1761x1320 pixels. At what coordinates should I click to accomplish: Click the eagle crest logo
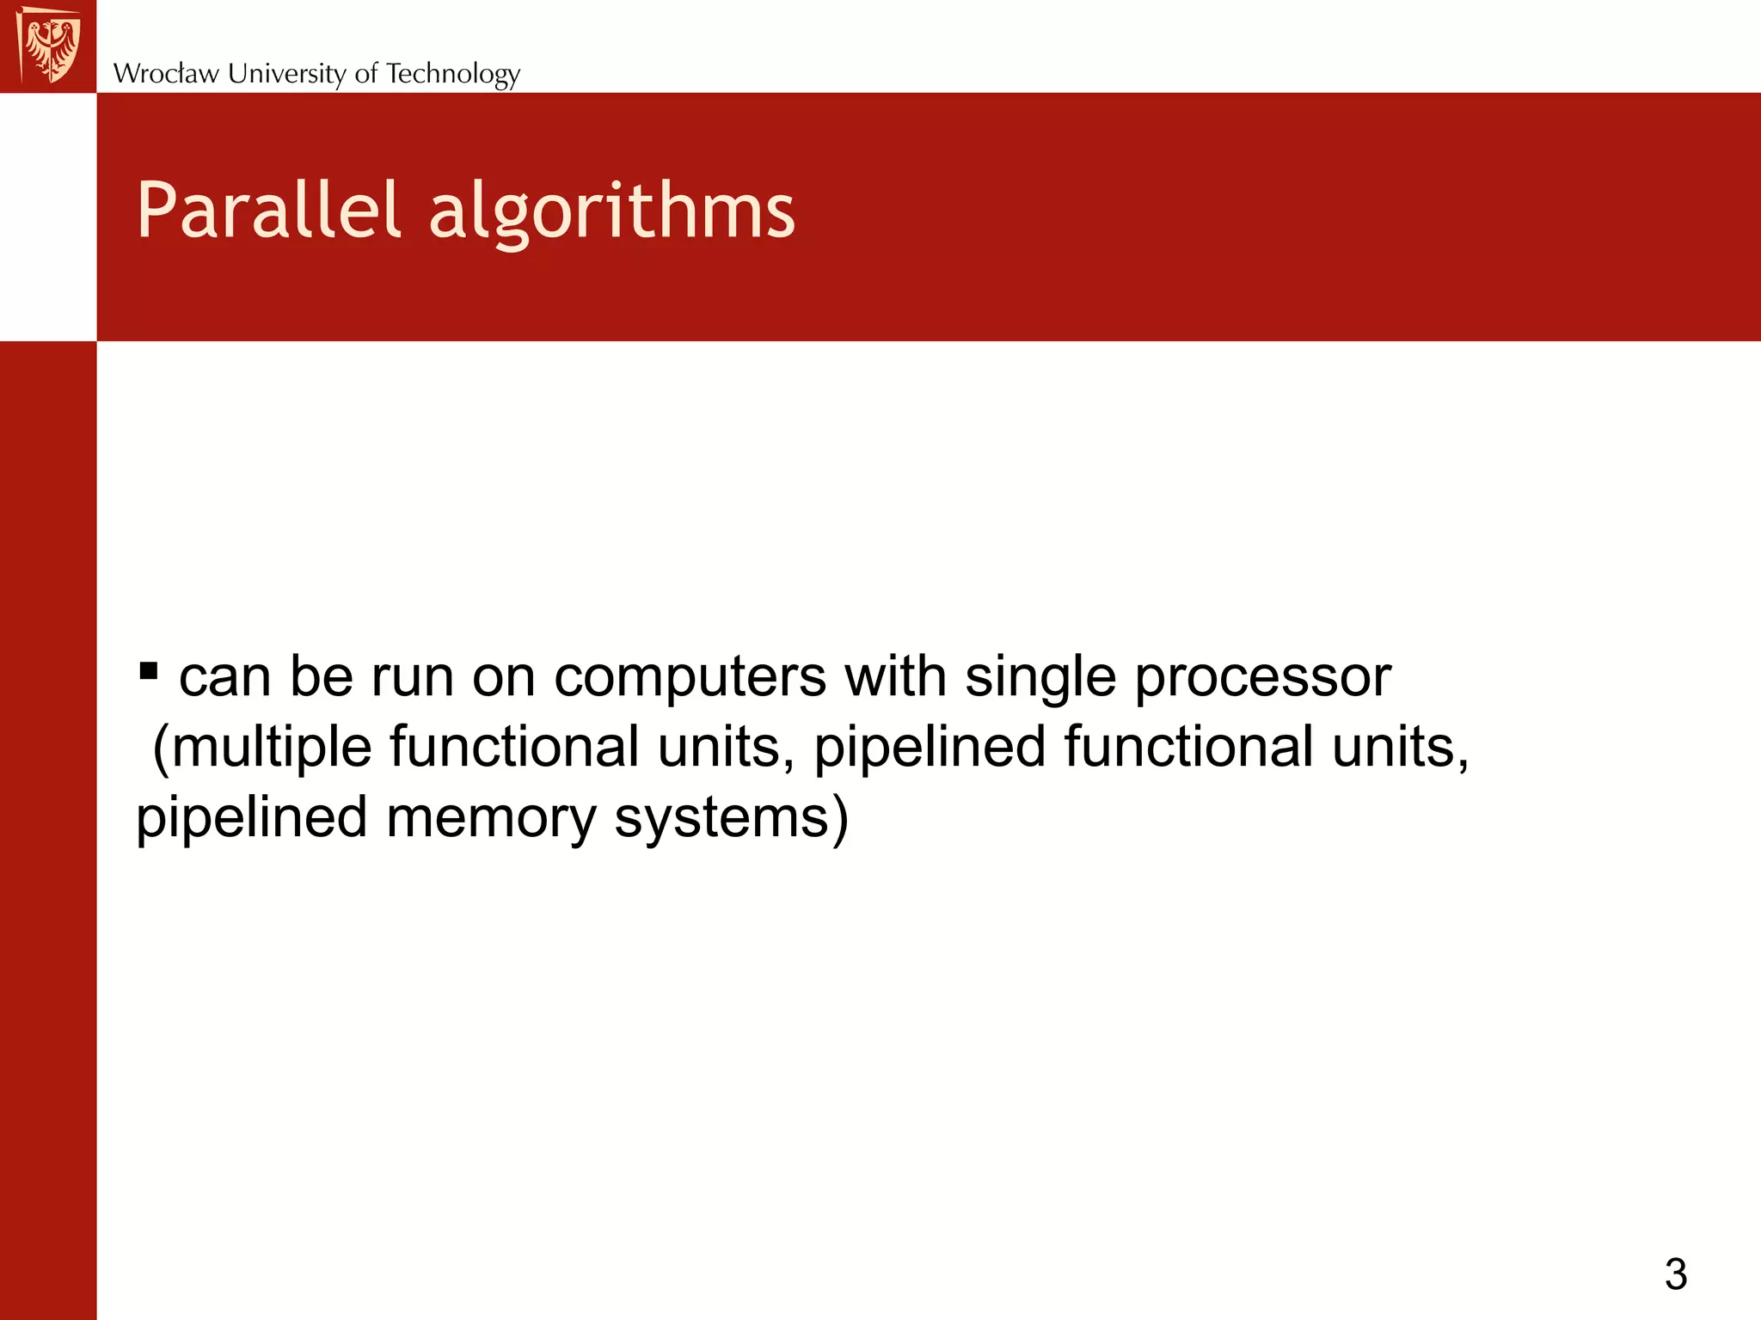click(x=50, y=45)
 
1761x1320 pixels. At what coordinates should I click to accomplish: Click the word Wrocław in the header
click(x=166, y=74)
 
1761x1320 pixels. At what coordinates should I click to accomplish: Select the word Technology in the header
click(x=452, y=74)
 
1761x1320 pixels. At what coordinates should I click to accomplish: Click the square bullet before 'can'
click(x=148, y=669)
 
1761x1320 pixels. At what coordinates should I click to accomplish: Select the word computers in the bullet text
click(x=690, y=678)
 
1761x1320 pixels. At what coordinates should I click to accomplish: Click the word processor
click(x=1261, y=678)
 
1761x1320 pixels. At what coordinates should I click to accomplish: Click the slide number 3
click(x=1675, y=1274)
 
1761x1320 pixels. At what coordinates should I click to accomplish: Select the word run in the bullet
click(x=412, y=678)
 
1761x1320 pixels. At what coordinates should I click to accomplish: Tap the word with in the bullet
click(x=895, y=678)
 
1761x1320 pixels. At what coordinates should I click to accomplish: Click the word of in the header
click(x=366, y=74)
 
